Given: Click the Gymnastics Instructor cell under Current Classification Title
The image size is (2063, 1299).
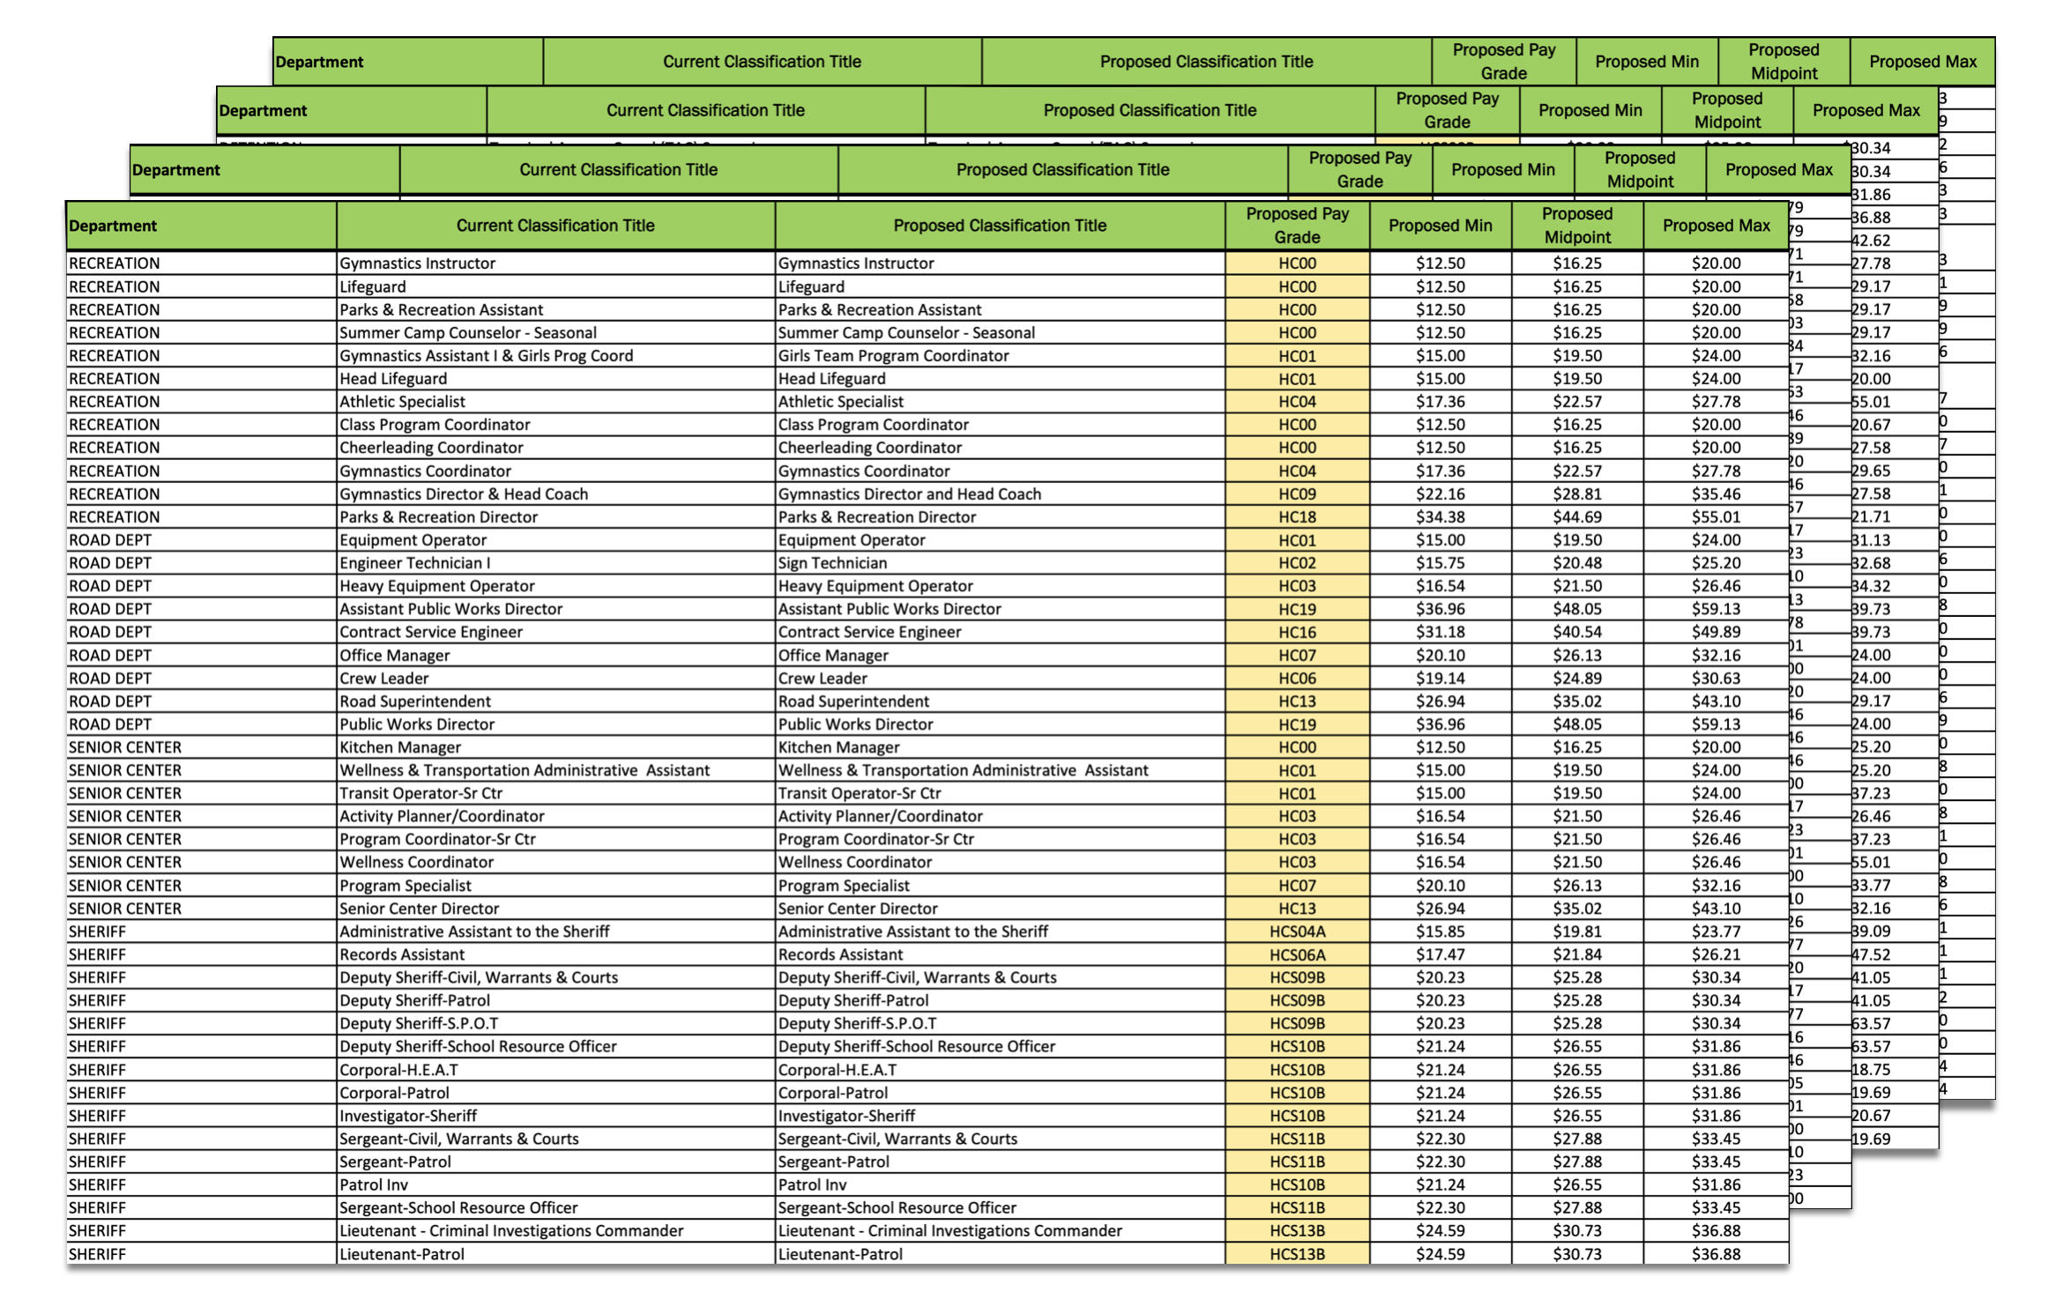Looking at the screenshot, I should (417, 264).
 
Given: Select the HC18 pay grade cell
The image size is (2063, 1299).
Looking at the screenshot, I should (1297, 517).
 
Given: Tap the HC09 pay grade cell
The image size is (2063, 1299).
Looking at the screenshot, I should (1297, 494).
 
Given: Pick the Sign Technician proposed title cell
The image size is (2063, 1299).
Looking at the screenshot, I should (832, 563).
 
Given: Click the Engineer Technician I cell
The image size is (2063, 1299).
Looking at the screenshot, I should (414, 563).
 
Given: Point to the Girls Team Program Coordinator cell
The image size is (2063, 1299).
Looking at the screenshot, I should (893, 356).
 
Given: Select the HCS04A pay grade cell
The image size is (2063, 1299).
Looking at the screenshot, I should (1297, 932).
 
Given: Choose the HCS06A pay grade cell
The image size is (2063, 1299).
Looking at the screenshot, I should (1297, 954).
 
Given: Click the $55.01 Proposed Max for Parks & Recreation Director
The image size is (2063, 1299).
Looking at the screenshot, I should (1716, 517).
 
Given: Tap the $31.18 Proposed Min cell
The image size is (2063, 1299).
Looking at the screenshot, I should (1440, 632).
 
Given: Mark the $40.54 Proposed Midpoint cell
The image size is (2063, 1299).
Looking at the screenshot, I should (1576, 632).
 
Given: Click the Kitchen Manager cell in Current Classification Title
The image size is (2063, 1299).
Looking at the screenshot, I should (399, 747).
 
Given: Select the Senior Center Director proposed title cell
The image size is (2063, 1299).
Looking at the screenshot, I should (857, 909).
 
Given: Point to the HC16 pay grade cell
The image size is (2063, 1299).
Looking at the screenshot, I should (1297, 632).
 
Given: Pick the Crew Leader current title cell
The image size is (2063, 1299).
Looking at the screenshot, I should (384, 679).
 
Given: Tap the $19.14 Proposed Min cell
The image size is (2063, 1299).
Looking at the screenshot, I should (1440, 679).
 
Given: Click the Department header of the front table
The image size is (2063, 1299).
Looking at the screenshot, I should (113, 226).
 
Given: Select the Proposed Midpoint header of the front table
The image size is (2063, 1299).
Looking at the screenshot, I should (1576, 226).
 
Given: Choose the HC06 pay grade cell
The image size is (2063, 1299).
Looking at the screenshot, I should (1297, 679).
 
